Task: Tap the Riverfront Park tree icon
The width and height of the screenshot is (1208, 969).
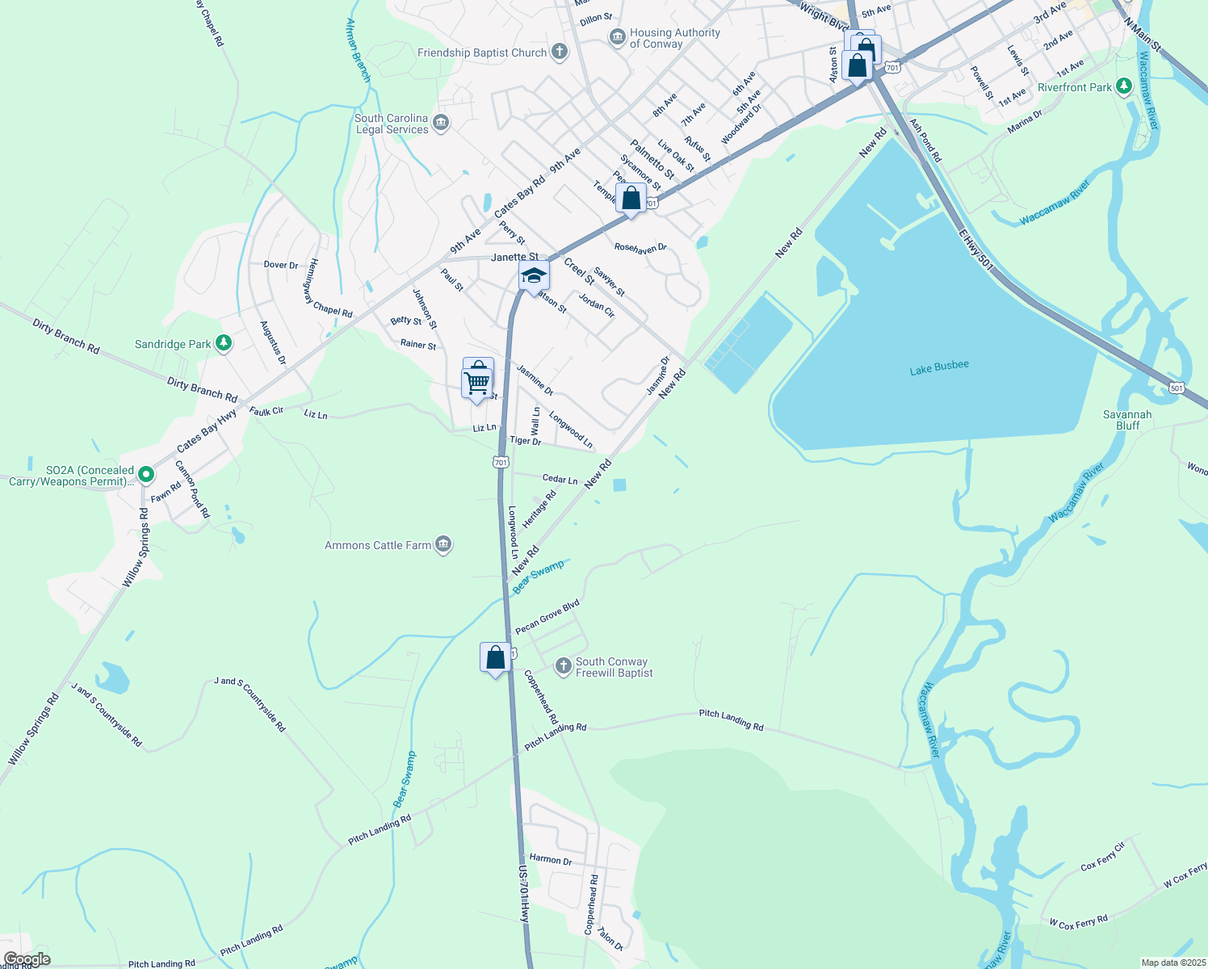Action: [x=1123, y=86]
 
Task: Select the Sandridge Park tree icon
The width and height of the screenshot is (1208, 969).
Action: [x=224, y=344]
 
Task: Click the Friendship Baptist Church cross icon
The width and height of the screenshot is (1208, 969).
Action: [x=559, y=52]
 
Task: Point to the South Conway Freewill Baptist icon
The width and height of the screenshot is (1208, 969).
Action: [x=563, y=666]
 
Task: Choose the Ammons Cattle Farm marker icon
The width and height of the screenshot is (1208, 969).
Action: [x=443, y=545]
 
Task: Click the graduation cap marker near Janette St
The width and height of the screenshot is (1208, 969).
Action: [x=533, y=276]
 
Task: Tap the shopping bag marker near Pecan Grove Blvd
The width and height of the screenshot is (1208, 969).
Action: [x=495, y=657]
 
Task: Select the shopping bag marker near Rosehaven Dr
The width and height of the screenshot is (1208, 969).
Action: [x=631, y=198]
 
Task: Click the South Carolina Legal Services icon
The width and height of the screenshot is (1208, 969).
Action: [x=440, y=123]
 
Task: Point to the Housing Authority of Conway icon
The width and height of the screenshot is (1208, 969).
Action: [x=617, y=37]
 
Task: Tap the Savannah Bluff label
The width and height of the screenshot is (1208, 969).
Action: [x=1127, y=420]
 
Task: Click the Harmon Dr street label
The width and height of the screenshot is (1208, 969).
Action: [x=550, y=860]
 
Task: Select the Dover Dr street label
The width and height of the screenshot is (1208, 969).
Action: [x=281, y=265]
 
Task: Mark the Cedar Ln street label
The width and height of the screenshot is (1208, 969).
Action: [x=560, y=479]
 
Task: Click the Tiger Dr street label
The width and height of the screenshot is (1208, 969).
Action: [x=525, y=441]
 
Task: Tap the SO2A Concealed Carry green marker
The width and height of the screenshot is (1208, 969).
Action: [x=145, y=474]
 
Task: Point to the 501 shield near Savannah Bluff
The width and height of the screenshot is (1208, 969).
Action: [x=1177, y=388]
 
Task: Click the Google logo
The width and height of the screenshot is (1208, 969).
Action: [x=27, y=959]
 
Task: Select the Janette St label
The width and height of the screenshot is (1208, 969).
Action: [x=514, y=257]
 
